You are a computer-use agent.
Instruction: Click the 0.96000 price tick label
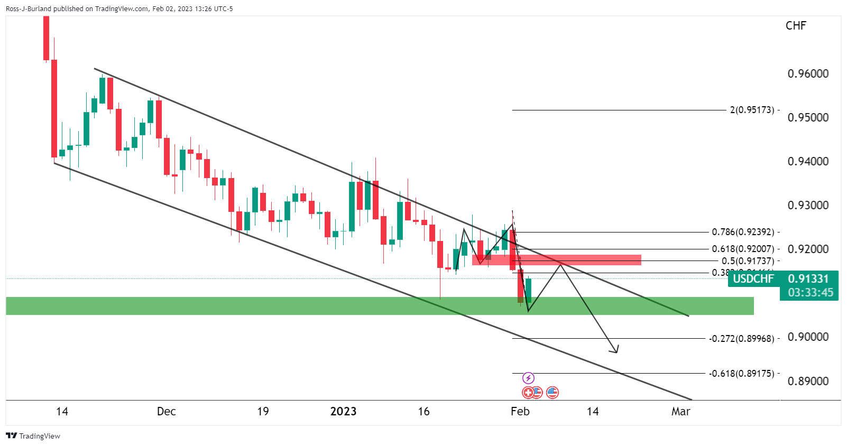tap(808, 74)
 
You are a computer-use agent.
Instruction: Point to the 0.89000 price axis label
tap(808, 381)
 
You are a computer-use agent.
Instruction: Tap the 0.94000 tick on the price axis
tap(808, 162)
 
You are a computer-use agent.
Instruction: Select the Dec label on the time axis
tap(166, 412)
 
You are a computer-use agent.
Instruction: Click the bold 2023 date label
tap(343, 412)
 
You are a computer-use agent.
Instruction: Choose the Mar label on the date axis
tap(680, 412)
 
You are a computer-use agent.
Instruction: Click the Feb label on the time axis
tap(520, 412)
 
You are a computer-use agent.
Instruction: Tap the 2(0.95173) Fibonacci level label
tap(752, 110)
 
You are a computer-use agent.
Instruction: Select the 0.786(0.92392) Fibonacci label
tap(743, 232)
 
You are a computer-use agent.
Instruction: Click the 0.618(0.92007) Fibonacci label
tap(743, 249)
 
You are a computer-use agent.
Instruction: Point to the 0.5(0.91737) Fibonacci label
tap(748, 261)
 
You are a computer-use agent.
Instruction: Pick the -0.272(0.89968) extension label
tap(741, 338)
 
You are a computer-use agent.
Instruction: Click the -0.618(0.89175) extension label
tap(741, 374)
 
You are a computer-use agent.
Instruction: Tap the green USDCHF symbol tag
tap(753, 278)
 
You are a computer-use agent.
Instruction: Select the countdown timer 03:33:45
tap(809, 292)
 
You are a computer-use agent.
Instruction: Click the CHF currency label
tap(796, 26)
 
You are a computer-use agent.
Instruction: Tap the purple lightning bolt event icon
tap(528, 378)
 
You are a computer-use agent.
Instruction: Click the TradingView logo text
tap(39, 436)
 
